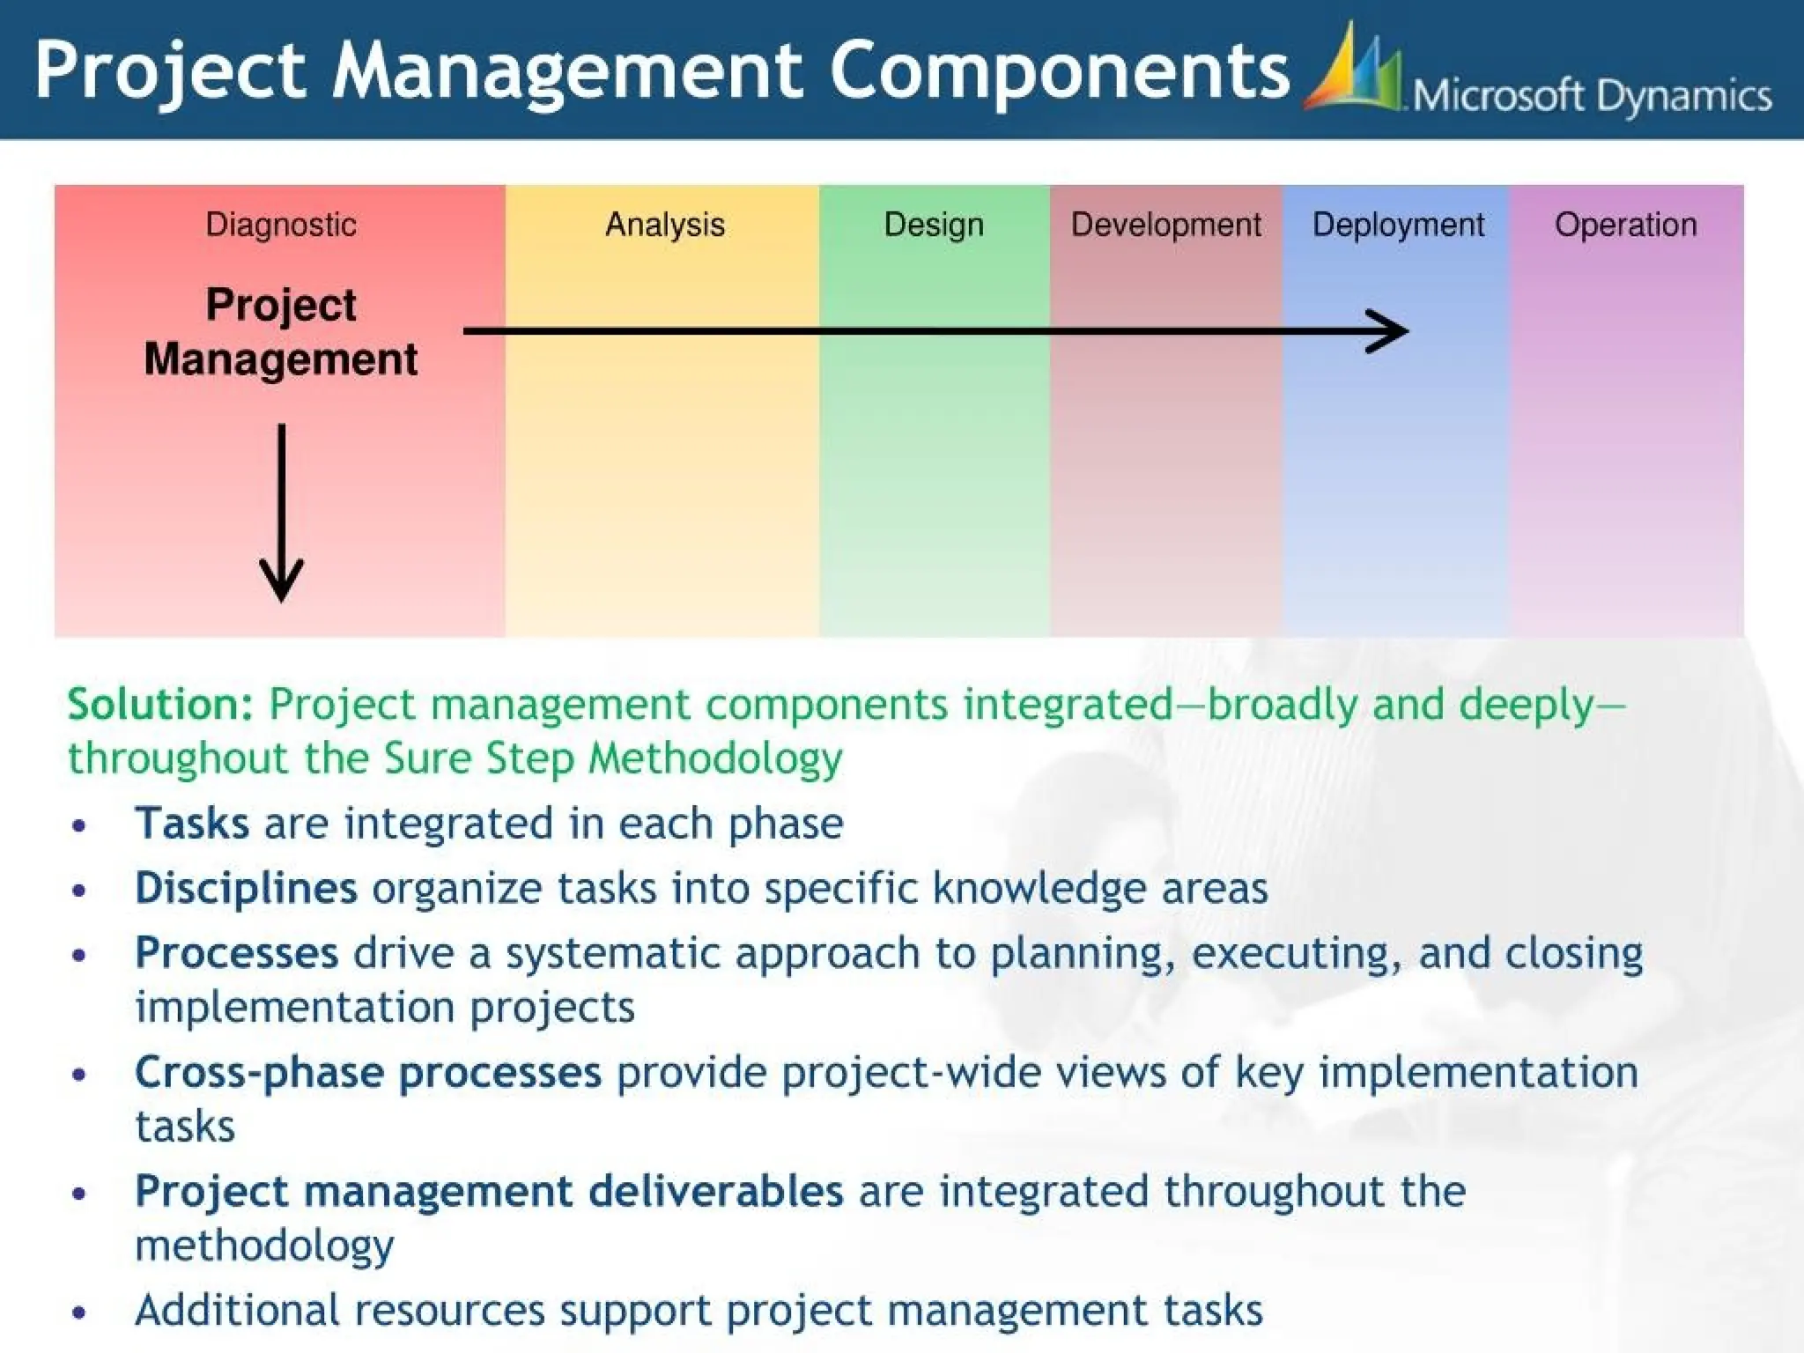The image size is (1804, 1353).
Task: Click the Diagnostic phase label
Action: tap(281, 225)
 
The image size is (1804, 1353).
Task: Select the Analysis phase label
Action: tap(665, 225)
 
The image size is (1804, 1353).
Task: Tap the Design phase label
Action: tap(934, 225)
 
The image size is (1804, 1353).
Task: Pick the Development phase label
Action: tap(1165, 225)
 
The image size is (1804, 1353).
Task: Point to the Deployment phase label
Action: tap(1398, 225)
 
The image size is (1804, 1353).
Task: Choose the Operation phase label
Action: tap(1625, 225)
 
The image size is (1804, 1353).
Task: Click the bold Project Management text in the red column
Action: tap(281, 331)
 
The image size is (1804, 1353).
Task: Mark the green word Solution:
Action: tap(160, 705)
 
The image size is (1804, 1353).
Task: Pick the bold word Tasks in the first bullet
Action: tap(192, 824)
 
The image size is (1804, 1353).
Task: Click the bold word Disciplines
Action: tap(246, 888)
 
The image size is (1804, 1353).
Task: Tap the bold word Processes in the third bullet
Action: tap(236, 953)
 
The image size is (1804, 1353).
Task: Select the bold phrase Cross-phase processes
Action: tap(368, 1073)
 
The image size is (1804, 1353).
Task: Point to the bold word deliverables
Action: tap(715, 1192)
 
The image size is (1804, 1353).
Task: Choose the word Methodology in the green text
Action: tap(714, 759)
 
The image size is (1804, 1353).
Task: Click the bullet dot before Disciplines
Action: tap(79, 891)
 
